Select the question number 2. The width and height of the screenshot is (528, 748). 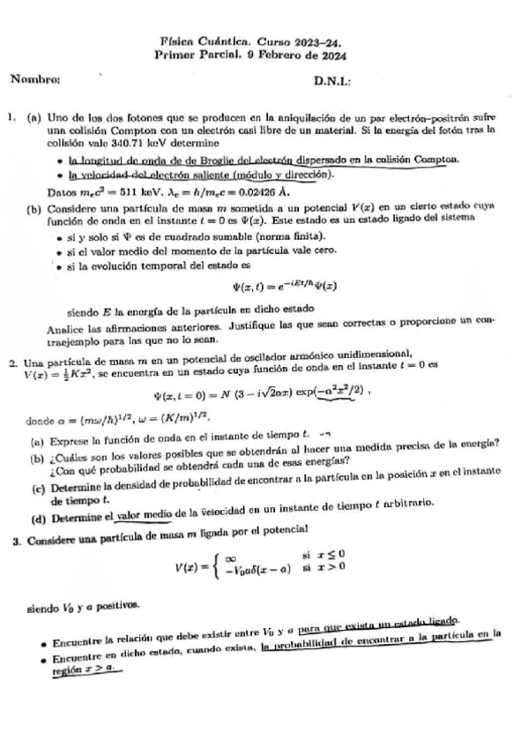tap(13, 363)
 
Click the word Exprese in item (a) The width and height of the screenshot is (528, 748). tap(74, 433)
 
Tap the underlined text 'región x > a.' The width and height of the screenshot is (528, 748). tap(89, 669)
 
